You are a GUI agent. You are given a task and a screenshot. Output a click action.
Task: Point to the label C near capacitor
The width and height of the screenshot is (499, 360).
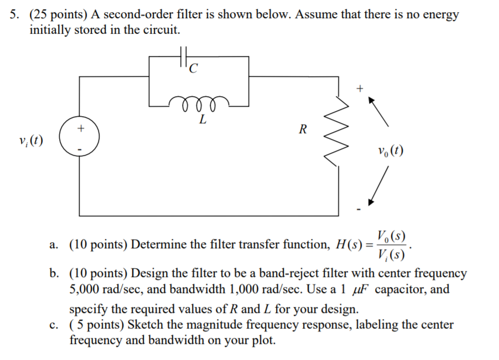click(193, 69)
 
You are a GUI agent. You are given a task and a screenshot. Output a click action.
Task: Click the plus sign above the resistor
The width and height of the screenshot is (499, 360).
click(360, 88)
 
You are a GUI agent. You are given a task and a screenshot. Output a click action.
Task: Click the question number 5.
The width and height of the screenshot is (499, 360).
click(13, 15)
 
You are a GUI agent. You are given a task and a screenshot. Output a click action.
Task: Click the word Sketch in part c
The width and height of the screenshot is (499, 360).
click(144, 325)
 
